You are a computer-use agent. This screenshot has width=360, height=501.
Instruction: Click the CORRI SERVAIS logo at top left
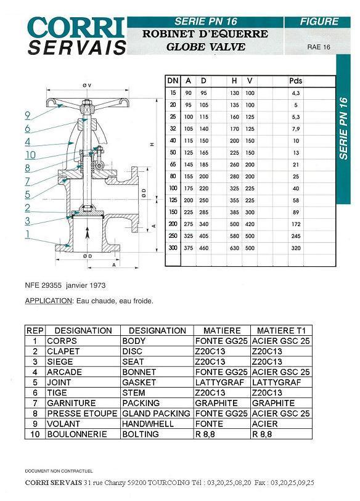pos(76,36)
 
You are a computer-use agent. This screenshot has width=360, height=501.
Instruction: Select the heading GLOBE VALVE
pos(205,47)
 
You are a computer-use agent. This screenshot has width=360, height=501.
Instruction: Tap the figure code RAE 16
pos(319,47)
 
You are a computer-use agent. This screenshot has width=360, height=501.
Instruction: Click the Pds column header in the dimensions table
pos(295,81)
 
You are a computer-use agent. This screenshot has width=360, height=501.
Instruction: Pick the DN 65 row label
pos(173,165)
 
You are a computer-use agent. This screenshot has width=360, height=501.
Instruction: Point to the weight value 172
pos(296,224)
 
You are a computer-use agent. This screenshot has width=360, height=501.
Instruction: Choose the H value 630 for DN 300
pos(234,248)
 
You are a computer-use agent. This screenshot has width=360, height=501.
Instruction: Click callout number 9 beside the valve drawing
pos(28,115)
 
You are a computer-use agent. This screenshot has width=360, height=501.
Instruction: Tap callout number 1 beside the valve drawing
pos(28,234)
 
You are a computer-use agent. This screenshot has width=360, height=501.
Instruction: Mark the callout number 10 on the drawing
pos(30,155)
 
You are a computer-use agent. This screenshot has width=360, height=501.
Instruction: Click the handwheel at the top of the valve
pos(88,103)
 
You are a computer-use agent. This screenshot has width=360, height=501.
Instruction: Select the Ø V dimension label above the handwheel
pos(87,85)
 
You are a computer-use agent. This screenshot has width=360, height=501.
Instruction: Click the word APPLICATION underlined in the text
pos(49,301)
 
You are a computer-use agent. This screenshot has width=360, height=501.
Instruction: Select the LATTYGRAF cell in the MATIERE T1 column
pos(277,383)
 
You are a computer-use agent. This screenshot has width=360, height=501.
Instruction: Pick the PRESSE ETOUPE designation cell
pos(82,413)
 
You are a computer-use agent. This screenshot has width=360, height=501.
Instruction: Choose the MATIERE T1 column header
pos(281,330)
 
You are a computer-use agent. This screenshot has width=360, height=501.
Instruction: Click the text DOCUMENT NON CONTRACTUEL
pos(59,471)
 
